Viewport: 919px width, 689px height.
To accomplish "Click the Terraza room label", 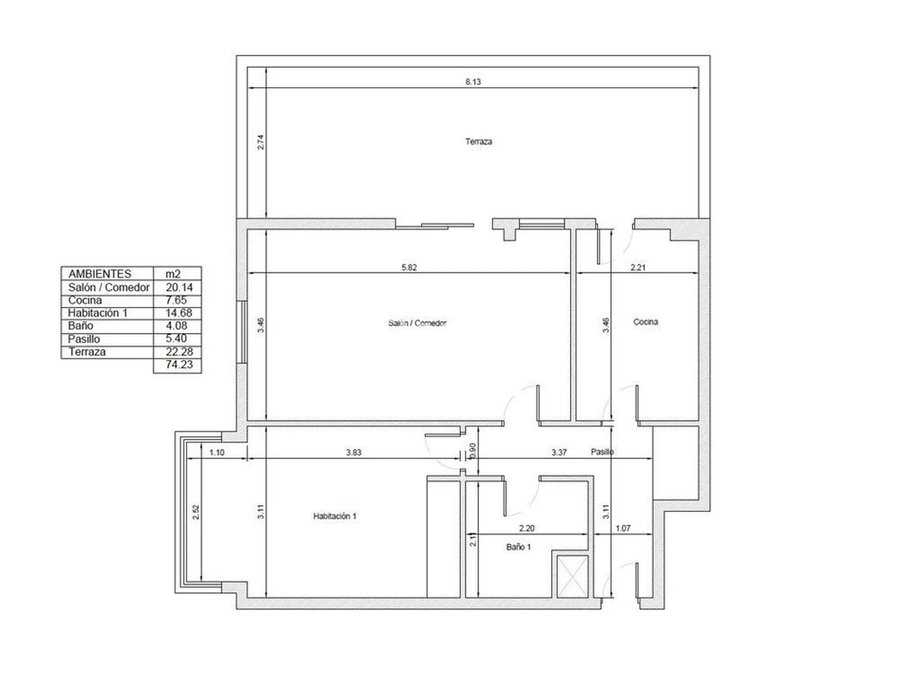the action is [478, 142].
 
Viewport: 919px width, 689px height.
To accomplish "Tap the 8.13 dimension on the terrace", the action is [473, 82].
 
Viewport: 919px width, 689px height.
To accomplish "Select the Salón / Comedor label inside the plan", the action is [417, 323].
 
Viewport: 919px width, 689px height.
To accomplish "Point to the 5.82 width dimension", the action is [409, 267].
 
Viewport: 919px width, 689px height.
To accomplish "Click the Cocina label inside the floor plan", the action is [645, 322].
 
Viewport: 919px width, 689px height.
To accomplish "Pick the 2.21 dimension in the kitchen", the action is [638, 267].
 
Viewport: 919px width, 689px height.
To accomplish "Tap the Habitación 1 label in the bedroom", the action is [334, 516].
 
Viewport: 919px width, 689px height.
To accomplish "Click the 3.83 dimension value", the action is [354, 452].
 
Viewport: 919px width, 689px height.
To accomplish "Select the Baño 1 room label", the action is [518, 547].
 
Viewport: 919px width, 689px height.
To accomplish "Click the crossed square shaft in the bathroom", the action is [572, 576].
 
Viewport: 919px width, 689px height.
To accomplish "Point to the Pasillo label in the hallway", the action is [602, 452].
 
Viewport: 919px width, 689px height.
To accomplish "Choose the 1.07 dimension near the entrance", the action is [623, 528].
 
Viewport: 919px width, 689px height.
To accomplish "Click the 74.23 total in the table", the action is [179, 364].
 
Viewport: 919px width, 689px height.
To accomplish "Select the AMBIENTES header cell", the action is [100, 274].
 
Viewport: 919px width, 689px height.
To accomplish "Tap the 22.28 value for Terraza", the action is [179, 352].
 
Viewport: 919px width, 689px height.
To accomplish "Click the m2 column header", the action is [173, 274].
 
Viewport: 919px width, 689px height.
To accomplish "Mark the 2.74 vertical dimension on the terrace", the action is [260, 142].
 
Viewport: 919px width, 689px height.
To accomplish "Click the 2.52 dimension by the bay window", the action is [195, 512].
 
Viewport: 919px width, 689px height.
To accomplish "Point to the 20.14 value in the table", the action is [179, 287].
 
